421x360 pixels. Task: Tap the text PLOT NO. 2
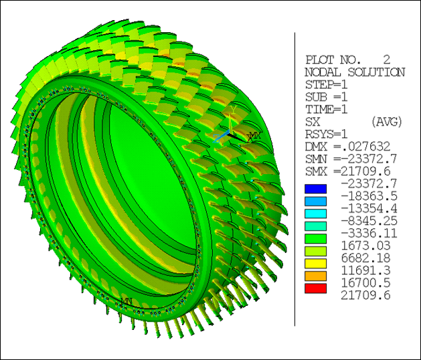coord(347,59)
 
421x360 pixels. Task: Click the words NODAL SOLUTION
coord(354,72)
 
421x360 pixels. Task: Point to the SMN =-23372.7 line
coord(351,159)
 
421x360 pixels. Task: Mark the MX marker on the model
coord(253,136)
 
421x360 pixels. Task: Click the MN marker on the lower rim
coord(125,301)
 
